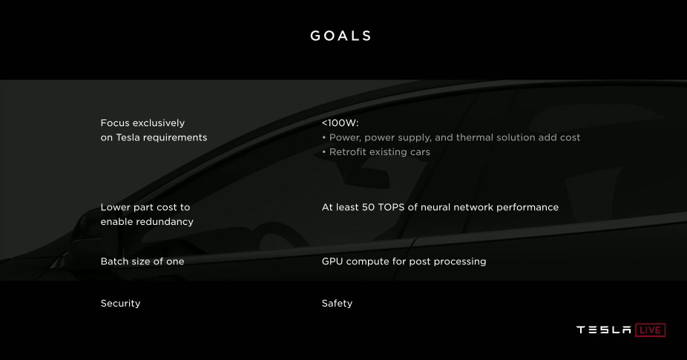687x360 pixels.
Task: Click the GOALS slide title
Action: [341, 36]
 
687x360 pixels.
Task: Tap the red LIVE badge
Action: [650, 330]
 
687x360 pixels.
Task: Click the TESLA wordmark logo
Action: [604, 330]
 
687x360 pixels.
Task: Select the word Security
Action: [120, 304]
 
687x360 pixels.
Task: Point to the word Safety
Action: [337, 304]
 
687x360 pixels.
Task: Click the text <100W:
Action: [340, 123]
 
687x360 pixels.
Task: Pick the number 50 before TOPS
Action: [368, 207]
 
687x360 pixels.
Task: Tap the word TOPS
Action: [391, 207]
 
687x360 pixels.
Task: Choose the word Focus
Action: [115, 123]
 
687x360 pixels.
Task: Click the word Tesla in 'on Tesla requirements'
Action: [128, 137]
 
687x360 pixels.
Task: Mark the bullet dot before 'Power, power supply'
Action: [324, 137]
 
